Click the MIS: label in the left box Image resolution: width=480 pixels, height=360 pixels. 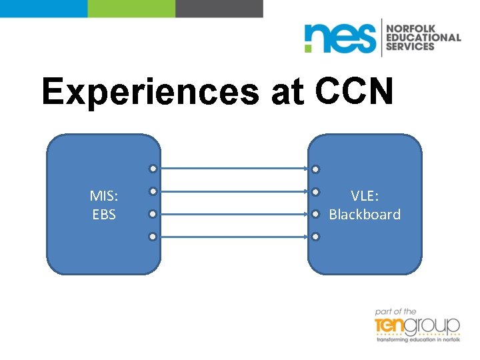point(104,196)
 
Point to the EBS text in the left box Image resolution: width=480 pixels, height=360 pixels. point(104,215)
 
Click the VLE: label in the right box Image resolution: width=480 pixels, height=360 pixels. point(365,196)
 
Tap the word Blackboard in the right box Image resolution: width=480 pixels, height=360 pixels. point(365,215)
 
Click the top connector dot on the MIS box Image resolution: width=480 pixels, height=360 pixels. point(153,169)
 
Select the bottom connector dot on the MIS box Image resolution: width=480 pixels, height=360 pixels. point(153,237)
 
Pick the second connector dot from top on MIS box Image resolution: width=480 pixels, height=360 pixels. point(153,191)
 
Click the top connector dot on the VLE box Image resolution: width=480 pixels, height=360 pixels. point(315,169)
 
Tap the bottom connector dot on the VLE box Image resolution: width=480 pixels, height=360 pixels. point(315,237)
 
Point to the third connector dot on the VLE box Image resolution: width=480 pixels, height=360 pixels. point(315,214)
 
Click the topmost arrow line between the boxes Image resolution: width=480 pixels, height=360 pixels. point(233,169)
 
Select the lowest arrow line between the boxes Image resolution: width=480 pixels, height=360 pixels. point(233,237)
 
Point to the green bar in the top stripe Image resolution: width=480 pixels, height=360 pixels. point(131,8)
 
